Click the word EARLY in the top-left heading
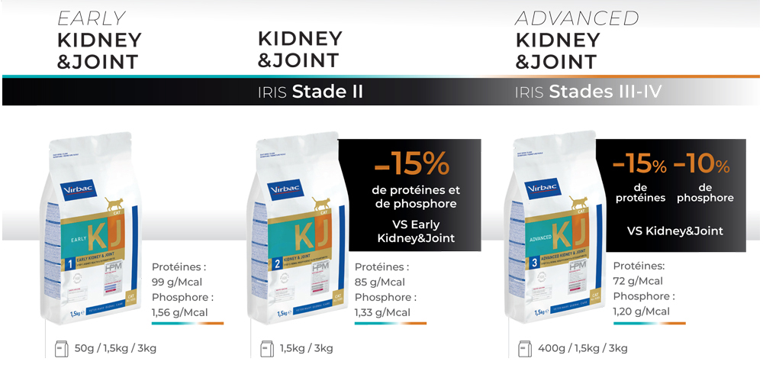pos(91,18)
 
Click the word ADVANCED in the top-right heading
pos(577,18)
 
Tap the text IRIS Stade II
pos(310,92)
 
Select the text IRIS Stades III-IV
pos(588,92)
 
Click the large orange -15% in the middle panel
pos(412,163)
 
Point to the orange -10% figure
pos(701,163)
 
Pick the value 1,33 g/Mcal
pos(382,312)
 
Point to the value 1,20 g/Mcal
pos(642,311)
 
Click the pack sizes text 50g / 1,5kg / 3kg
pos(116,348)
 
